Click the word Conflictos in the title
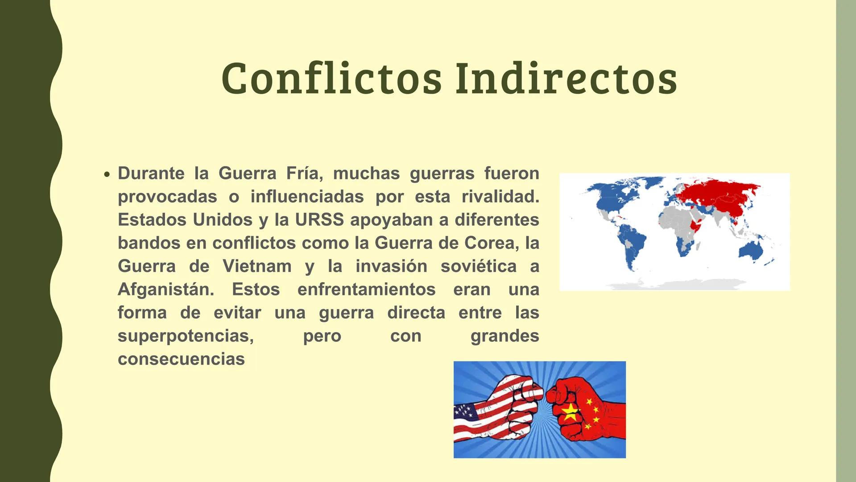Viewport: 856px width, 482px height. point(331,79)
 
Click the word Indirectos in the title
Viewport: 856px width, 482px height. point(566,79)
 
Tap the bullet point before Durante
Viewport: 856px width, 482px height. point(106,175)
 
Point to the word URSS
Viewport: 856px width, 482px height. point(319,220)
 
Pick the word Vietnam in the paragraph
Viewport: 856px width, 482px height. point(257,266)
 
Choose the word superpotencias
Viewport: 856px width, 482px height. point(186,336)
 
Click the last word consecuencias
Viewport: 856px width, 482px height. point(181,359)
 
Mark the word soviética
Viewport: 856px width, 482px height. point(478,266)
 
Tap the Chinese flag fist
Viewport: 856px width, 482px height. point(584,408)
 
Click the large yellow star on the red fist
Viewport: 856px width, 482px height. point(570,412)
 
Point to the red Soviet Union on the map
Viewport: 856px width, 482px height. point(718,194)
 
